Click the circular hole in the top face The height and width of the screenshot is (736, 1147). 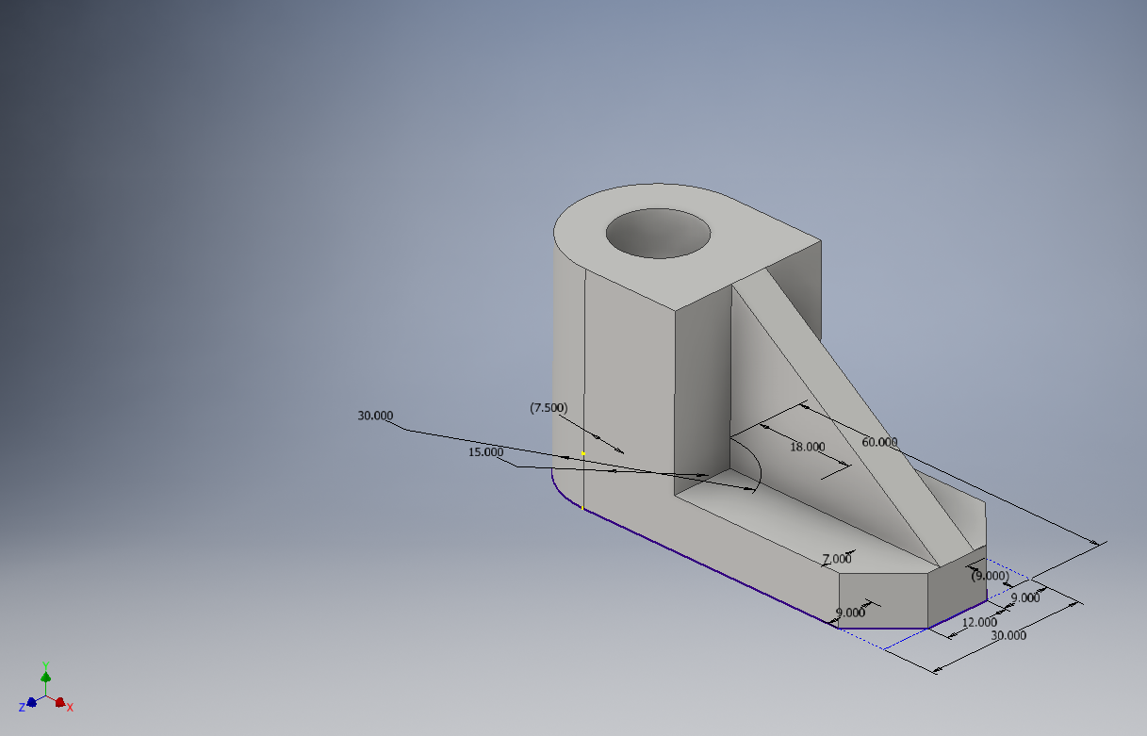click(658, 233)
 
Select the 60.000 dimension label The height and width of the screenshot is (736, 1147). click(879, 442)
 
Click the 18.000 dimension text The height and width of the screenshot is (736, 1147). click(807, 447)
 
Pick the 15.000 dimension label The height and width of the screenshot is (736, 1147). click(485, 452)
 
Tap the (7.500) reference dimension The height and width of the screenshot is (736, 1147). click(549, 407)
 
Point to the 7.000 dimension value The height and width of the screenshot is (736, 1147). click(836, 559)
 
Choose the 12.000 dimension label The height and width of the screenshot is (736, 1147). click(979, 622)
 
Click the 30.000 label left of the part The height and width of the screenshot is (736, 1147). click(375, 416)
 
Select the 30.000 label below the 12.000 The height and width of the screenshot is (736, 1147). click(1008, 635)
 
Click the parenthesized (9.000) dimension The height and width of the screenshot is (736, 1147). click(990, 575)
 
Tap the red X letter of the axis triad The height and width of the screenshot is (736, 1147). click(70, 707)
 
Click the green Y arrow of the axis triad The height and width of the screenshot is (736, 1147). click(45, 676)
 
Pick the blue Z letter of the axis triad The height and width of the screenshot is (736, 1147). click(22, 707)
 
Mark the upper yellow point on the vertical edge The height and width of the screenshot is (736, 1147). click(583, 453)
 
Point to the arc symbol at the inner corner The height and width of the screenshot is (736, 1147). click(754, 466)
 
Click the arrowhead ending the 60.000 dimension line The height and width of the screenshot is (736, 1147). click(1095, 543)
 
